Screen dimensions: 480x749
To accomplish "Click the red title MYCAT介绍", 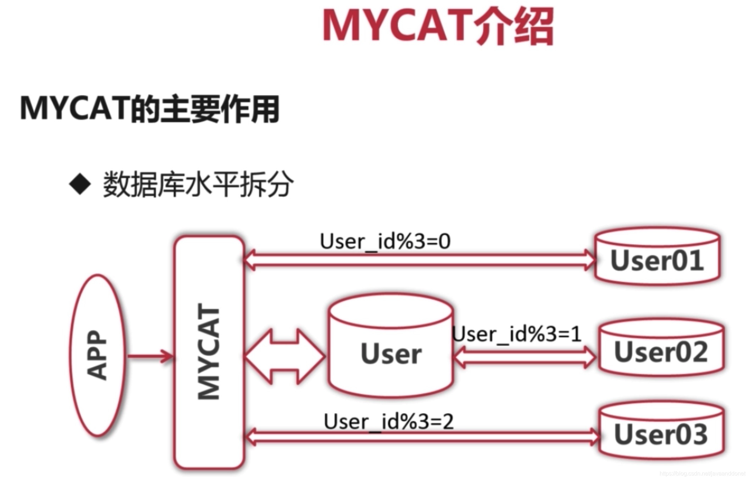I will tap(438, 27).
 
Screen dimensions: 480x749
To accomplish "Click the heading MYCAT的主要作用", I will tap(150, 109).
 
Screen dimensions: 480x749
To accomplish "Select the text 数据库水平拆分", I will tap(198, 184).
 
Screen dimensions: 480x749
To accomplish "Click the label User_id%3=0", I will tap(385, 241).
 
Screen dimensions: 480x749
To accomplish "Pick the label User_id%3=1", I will tap(517, 334).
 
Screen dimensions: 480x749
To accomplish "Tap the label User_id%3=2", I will tap(389, 422).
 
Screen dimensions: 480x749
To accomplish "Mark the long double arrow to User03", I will tap(422, 437).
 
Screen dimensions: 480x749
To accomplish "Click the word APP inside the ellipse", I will tap(97, 355).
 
